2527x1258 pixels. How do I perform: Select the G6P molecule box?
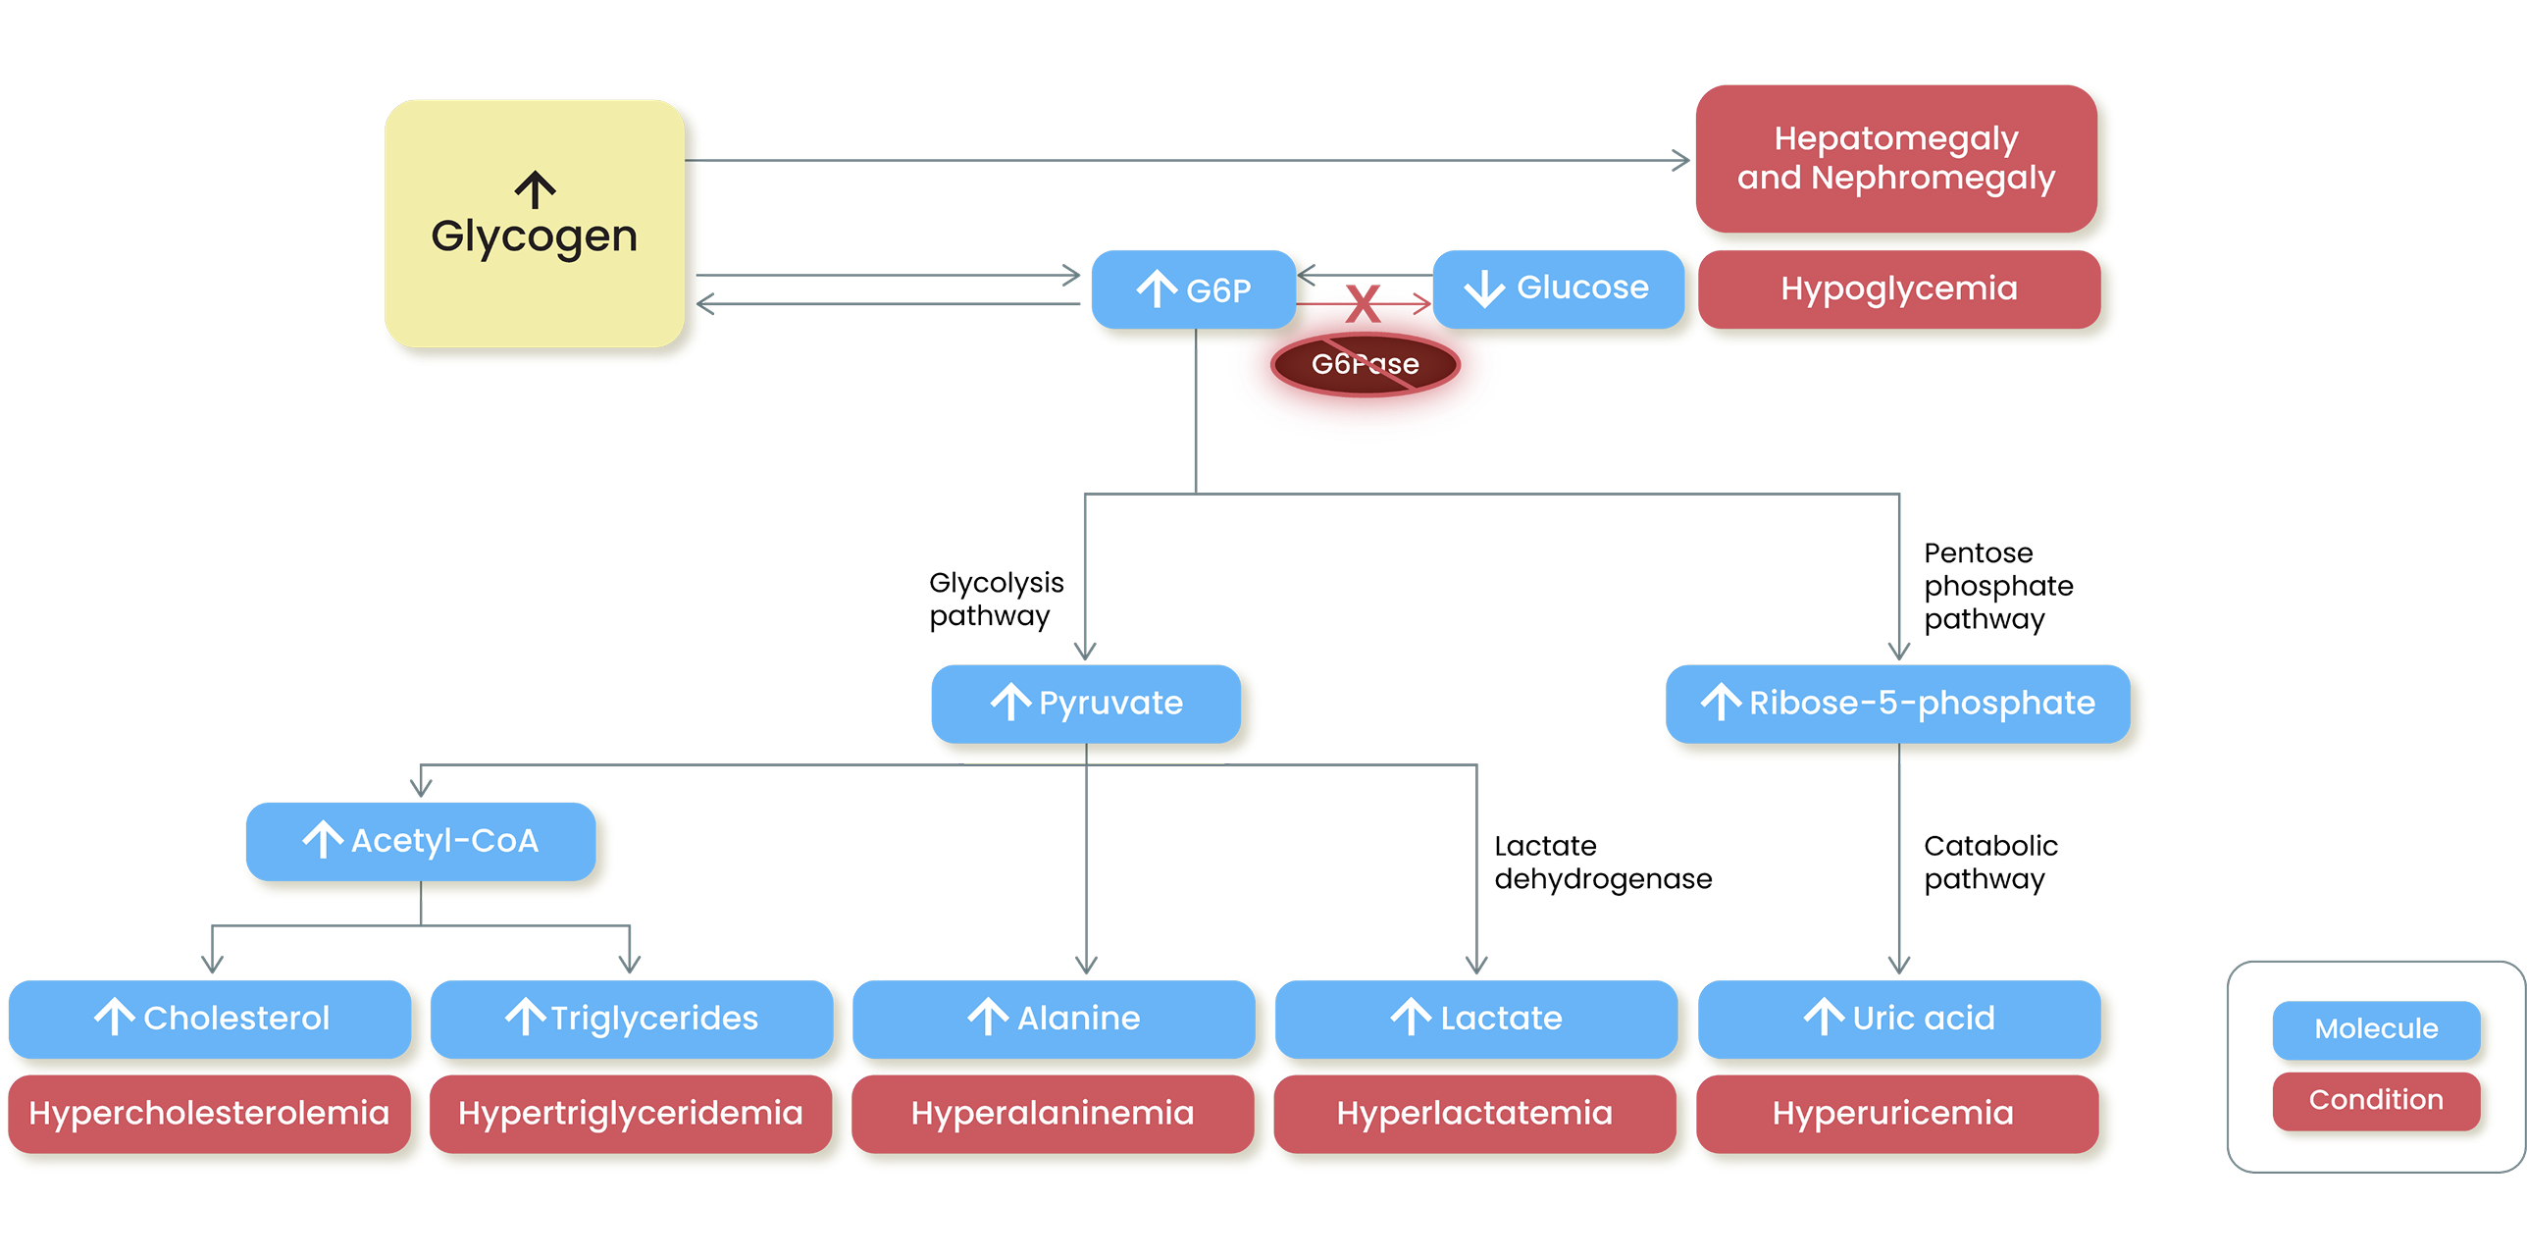coord(1194,289)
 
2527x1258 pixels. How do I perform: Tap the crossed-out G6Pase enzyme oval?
coord(1365,364)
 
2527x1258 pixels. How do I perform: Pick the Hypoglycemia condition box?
coord(1898,288)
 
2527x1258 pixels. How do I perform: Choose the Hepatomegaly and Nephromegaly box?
coord(1895,158)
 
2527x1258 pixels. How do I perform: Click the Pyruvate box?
coord(1086,703)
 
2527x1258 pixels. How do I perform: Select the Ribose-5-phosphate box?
coord(1897,703)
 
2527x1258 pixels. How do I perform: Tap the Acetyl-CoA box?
coord(421,840)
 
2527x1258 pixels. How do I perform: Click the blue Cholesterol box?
coord(210,1018)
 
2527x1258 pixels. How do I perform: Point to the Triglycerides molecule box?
coord(632,1018)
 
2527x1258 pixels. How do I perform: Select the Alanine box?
coord(1054,1018)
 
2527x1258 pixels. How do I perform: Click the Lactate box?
coord(1475,1018)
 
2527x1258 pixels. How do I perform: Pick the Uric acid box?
coord(1899,1018)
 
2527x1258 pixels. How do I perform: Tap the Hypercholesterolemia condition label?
coord(209,1113)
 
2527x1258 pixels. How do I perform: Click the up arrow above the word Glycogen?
coord(536,190)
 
